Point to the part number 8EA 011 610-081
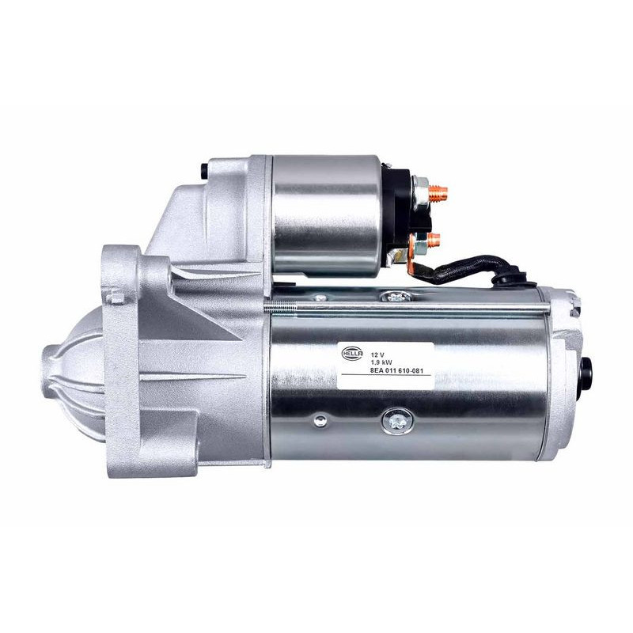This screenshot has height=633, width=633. tap(400, 366)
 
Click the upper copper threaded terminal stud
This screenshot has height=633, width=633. tap(440, 191)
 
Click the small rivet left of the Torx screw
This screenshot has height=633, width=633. tap(319, 421)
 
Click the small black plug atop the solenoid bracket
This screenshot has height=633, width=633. tap(205, 169)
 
